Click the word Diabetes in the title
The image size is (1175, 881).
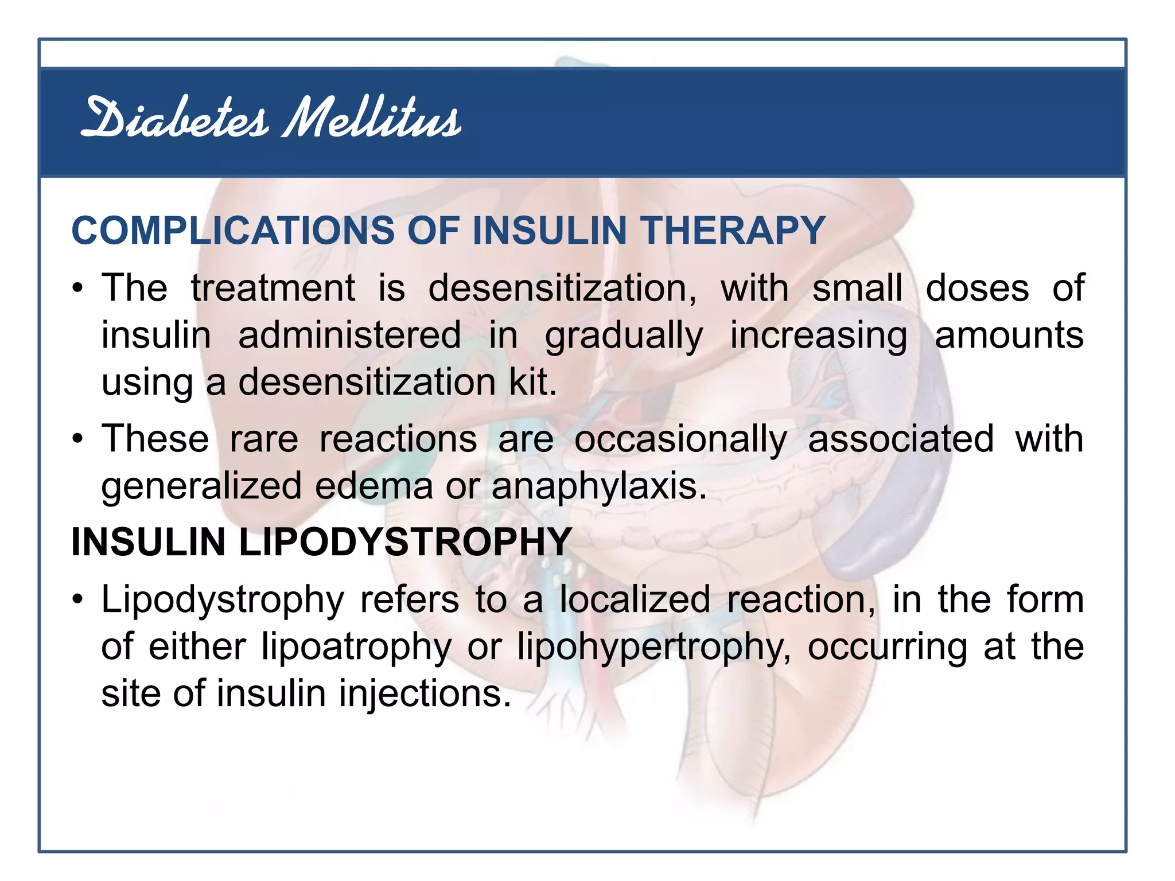tap(174, 119)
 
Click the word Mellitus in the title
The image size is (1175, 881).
tap(372, 119)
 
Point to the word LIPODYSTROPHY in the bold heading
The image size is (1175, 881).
tap(405, 541)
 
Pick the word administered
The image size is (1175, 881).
tap(349, 335)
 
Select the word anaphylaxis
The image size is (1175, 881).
tap(599, 487)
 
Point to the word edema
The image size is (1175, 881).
tap(374, 486)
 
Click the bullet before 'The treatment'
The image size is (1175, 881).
tap(78, 289)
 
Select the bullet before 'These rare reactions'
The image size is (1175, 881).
tap(78, 440)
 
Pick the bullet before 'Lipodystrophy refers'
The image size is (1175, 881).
tap(78, 601)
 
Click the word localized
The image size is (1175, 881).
tap(635, 599)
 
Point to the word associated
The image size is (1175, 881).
tap(901, 439)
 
